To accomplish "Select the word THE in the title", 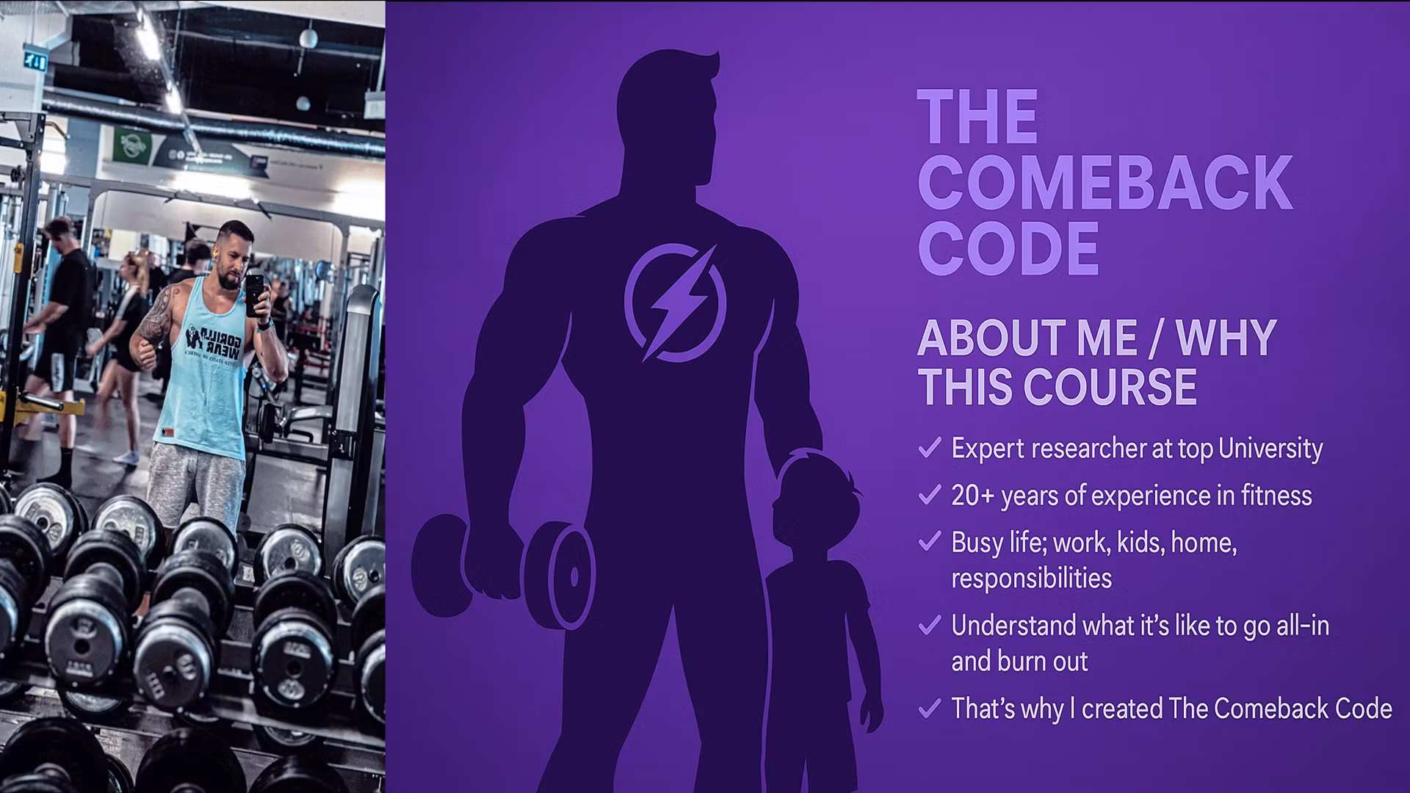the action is click(977, 117).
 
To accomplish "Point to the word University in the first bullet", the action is click(1270, 449).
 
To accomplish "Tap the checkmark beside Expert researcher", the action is click(930, 447).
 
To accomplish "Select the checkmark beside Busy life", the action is click(930, 542).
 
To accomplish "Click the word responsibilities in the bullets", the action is click(1032, 579).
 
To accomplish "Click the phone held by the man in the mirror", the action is click(254, 294).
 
